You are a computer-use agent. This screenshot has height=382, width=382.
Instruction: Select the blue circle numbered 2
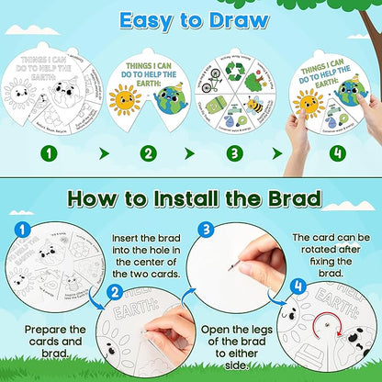tap(116, 294)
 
